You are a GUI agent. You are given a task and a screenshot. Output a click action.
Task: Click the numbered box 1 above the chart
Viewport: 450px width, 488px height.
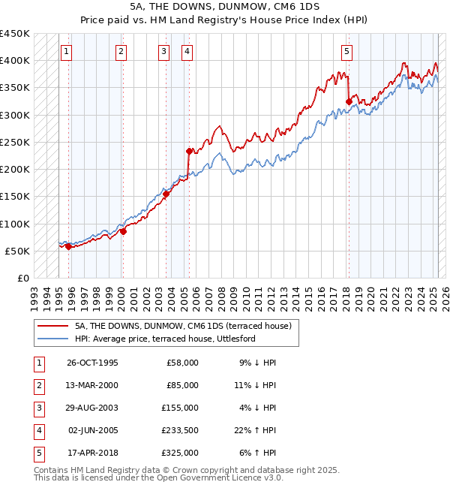[67, 52]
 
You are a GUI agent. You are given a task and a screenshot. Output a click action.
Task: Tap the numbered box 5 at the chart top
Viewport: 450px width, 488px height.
[347, 52]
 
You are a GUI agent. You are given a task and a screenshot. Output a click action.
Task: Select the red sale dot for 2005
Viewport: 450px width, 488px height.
[189, 151]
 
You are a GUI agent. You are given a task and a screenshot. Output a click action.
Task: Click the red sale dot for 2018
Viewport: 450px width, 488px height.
[349, 101]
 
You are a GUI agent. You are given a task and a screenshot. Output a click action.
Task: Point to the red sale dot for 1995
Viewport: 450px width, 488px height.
[68, 246]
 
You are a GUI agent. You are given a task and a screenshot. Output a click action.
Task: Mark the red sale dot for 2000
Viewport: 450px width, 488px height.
[123, 231]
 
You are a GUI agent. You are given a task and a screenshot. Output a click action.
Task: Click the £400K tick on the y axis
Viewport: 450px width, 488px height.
[14, 61]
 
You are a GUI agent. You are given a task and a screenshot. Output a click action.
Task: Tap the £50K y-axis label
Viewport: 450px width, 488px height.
[17, 251]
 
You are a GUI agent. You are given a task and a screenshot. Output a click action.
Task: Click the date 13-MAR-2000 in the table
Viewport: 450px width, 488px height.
[92, 385]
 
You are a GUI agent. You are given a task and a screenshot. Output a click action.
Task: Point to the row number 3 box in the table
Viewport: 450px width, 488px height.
[37, 408]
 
